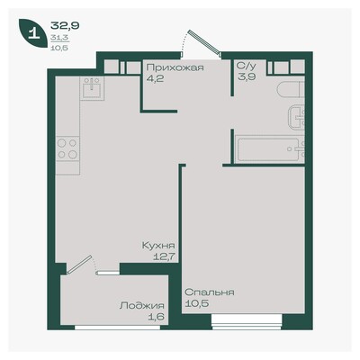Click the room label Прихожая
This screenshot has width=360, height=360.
[x=175, y=67]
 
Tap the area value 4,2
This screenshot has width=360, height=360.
[x=155, y=79]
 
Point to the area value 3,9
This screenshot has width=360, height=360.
[x=247, y=76]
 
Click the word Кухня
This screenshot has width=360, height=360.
[x=158, y=246]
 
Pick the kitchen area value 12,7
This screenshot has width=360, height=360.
[x=164, y=257]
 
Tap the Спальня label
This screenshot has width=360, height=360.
[x=210, y=292]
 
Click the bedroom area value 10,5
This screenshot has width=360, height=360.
[x=197, y=303]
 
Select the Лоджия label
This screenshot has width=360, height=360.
[x=142, y=306]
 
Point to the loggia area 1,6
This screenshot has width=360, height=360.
[x=157, y=317]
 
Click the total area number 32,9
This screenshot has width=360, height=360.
[x=65, y=26]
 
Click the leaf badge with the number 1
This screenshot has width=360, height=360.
[x=33, y=33]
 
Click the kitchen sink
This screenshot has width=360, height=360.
[x=92, y=88]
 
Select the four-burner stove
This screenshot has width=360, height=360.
[x=67, y=148]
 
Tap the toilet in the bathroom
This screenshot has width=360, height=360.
[x=291, y=90]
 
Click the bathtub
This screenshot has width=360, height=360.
[x=270, y=149]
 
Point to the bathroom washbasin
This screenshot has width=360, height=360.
[x=296, y=119]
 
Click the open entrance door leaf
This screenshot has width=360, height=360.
[x=205, y=43]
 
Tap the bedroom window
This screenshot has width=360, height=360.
[x=247, y=321]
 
